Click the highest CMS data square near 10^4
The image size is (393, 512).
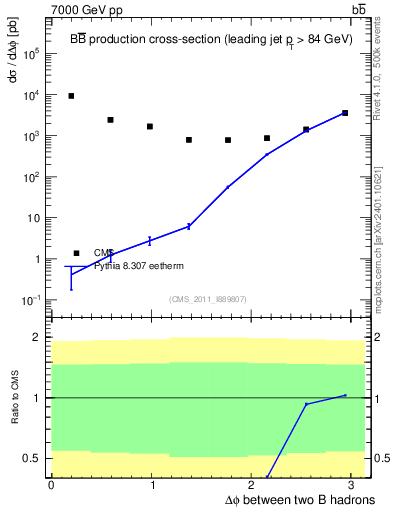tap(71, 96)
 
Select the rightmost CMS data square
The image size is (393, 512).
tap(345, 113)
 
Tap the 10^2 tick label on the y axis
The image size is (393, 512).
tap(31, 177)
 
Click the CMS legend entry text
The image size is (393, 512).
tap(104, 253)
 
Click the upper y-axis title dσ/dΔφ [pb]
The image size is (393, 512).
tap(12, 70)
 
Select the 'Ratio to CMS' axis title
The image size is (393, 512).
tap(12, 398)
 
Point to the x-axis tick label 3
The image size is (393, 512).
tap(355, 485)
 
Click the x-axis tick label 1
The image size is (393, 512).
tap(152, 485)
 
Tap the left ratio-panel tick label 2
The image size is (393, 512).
tap(36, 337)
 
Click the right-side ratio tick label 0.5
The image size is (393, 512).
tap(379, 458)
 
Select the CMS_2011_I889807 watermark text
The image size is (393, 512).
tap(208, 298)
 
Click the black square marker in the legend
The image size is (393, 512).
tap(76, 253)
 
